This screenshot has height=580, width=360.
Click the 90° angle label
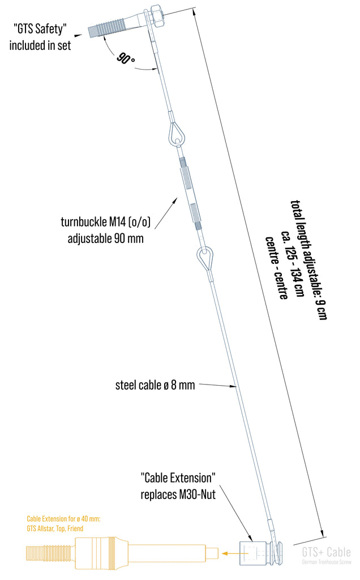point(126,58)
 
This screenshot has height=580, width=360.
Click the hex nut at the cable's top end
point(157,16)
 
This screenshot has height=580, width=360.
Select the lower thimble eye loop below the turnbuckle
point(204,259)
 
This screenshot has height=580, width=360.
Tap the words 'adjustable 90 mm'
point(105,238)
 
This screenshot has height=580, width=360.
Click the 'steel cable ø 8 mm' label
point(155,385)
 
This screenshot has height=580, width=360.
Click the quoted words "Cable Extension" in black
point(178,477)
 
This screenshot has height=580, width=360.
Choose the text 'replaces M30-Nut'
point(178,494)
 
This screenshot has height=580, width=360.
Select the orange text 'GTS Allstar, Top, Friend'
point(55,528)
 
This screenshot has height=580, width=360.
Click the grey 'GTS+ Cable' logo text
point(326,552)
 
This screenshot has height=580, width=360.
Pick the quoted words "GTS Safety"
point(40,28)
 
